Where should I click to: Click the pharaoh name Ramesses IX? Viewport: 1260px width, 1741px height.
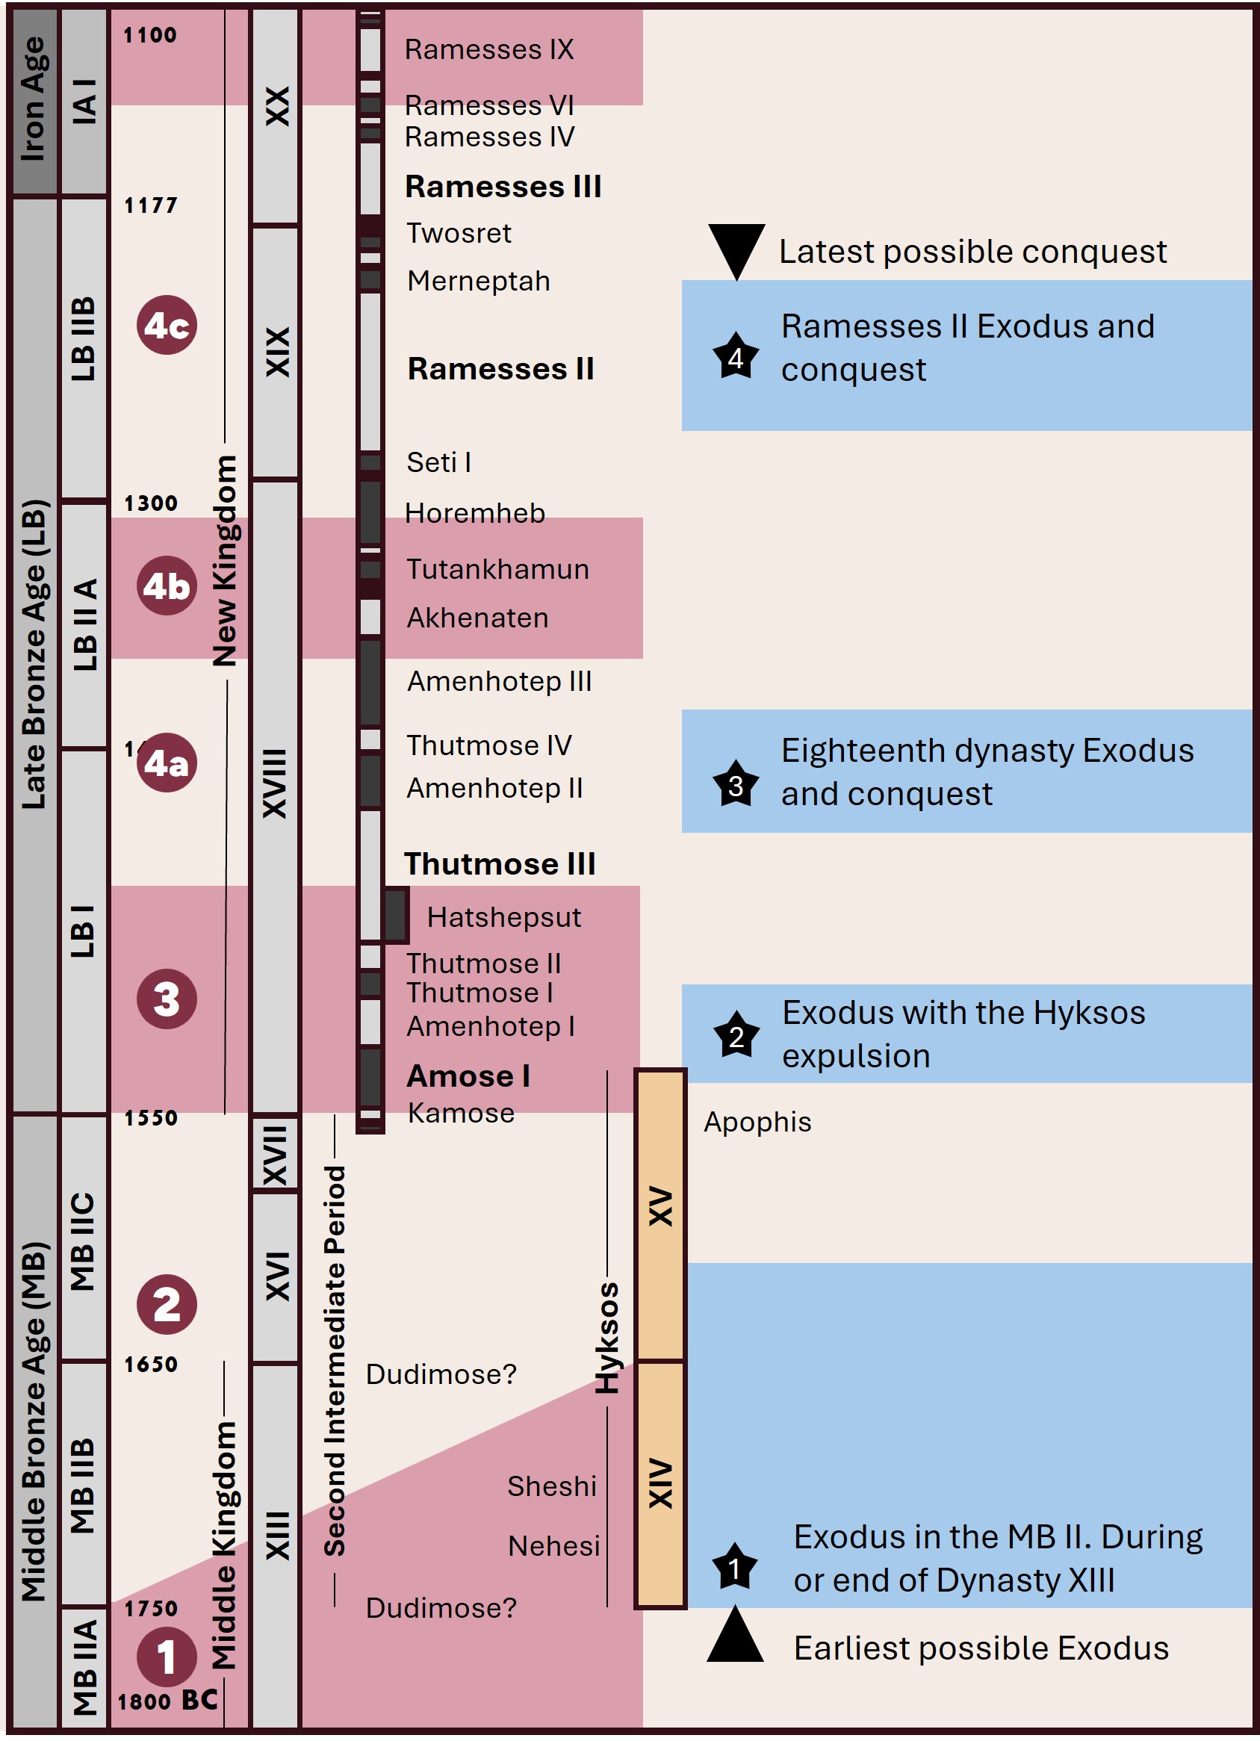[x=489, y=50]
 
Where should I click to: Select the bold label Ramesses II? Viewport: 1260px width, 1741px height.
[x=500, y=369]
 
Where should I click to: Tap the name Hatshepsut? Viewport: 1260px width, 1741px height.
[x=503, y=918]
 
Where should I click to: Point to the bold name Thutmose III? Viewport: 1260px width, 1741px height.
[x=500, y=864]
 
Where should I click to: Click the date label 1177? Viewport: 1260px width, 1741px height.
[x=150, y=205]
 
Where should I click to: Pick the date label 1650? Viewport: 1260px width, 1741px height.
[x=150, y=1365]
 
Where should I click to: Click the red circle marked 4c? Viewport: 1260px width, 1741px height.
[x=167, y=326]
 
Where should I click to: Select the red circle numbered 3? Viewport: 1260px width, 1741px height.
[x=167, y=999]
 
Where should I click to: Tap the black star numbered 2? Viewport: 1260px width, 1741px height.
[x=736, y=1035]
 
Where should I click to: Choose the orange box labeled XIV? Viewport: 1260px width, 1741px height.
[x=660, y=1484]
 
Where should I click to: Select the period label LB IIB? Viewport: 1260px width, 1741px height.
[x=83, y=339]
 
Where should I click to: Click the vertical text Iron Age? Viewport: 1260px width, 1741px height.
[x=34, y=100]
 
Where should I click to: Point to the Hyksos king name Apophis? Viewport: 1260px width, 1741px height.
[x=757, y=1123]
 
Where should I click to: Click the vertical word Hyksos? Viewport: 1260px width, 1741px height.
[x=607, y=1338]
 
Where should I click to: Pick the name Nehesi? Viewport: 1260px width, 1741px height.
[x=553, y=1546]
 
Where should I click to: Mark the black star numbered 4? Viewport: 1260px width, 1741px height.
[x=736, y=358]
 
